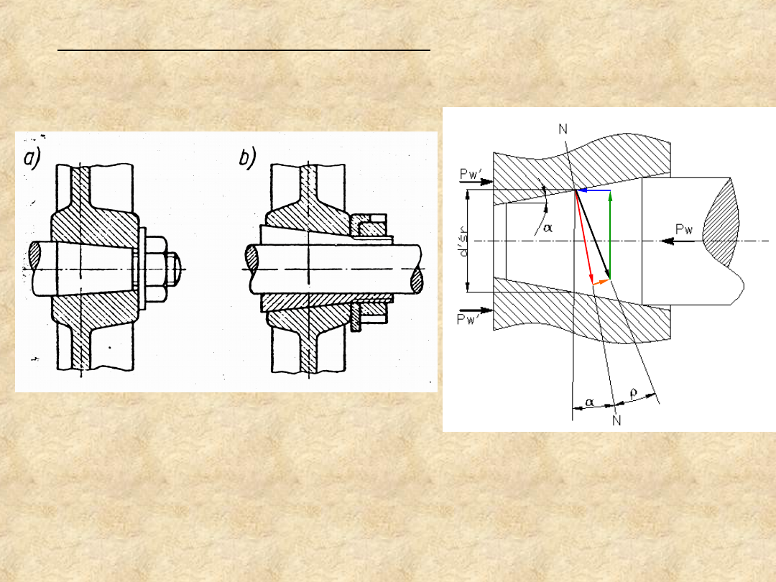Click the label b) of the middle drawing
[247, 158]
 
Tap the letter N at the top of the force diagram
[563, 129]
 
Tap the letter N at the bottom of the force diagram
[616, 420]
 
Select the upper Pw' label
[471, 174]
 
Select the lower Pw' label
[466, 320]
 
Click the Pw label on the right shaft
[684, 229]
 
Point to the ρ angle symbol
[634, 394]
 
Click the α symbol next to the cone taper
[548, 228]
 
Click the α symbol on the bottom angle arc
[589, 402]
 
